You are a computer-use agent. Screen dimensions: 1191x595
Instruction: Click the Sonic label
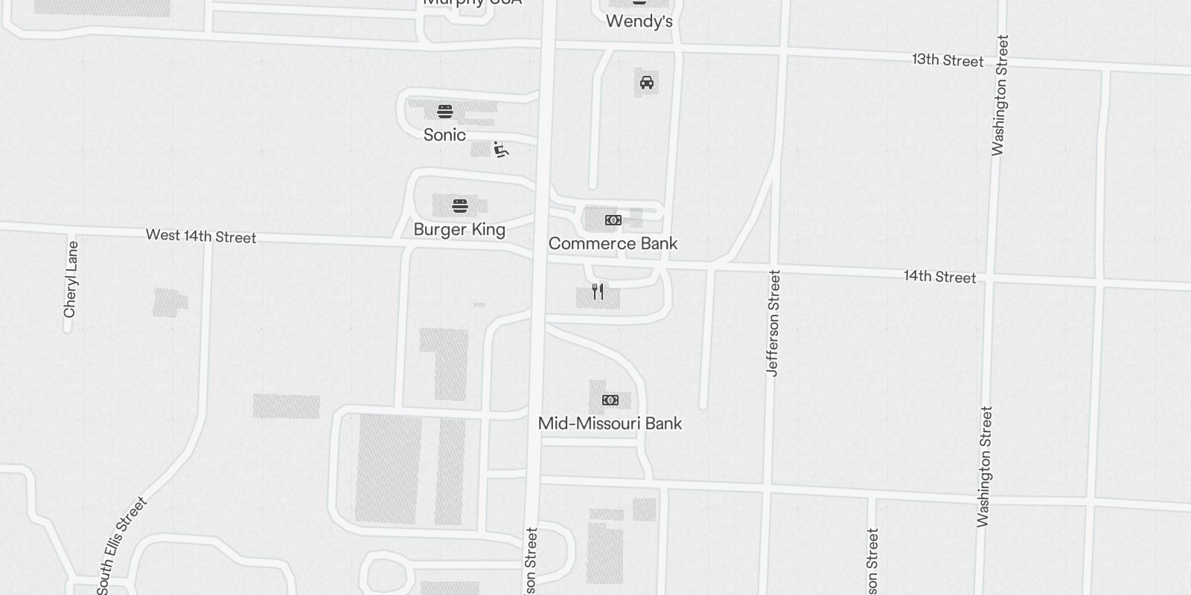(x=444, y=135)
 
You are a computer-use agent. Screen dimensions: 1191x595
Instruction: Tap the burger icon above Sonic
(x=445, y=112)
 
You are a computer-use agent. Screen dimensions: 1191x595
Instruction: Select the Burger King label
(x=459, y=229)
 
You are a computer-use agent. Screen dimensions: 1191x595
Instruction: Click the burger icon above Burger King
(x=460, y=205)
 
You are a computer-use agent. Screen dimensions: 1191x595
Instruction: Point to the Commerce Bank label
(x=613, y=243)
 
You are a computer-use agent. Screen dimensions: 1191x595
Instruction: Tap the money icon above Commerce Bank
(x=613, y=220)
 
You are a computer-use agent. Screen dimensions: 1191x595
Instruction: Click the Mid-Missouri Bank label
(x=610, y=423)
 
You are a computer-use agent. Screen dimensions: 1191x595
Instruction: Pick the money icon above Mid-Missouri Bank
(x=610, y=400)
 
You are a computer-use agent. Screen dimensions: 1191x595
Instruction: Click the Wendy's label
(x=639, y=21)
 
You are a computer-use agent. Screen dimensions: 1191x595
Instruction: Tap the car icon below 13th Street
(x=647, y=83)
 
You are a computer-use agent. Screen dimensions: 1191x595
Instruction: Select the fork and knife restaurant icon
(x=598, y=292)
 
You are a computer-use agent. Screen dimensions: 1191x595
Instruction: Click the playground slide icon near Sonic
(x=502, y=149)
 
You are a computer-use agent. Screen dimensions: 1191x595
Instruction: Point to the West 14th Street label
(x=201, y=236)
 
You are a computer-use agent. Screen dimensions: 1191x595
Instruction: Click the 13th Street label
(x=948, y=60)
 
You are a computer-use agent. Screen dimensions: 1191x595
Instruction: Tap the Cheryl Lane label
(x=71, y=279)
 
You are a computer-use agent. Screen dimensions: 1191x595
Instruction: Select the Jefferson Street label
(x=773, y=323)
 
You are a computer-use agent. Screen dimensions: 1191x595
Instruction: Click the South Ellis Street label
(x=123, y=544)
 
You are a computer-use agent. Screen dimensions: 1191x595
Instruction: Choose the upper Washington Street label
(x=1000, y=95)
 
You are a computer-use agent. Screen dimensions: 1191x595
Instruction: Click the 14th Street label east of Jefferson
(x=939, y=277)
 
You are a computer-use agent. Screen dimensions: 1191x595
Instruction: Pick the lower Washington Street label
(x=985, y=466)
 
